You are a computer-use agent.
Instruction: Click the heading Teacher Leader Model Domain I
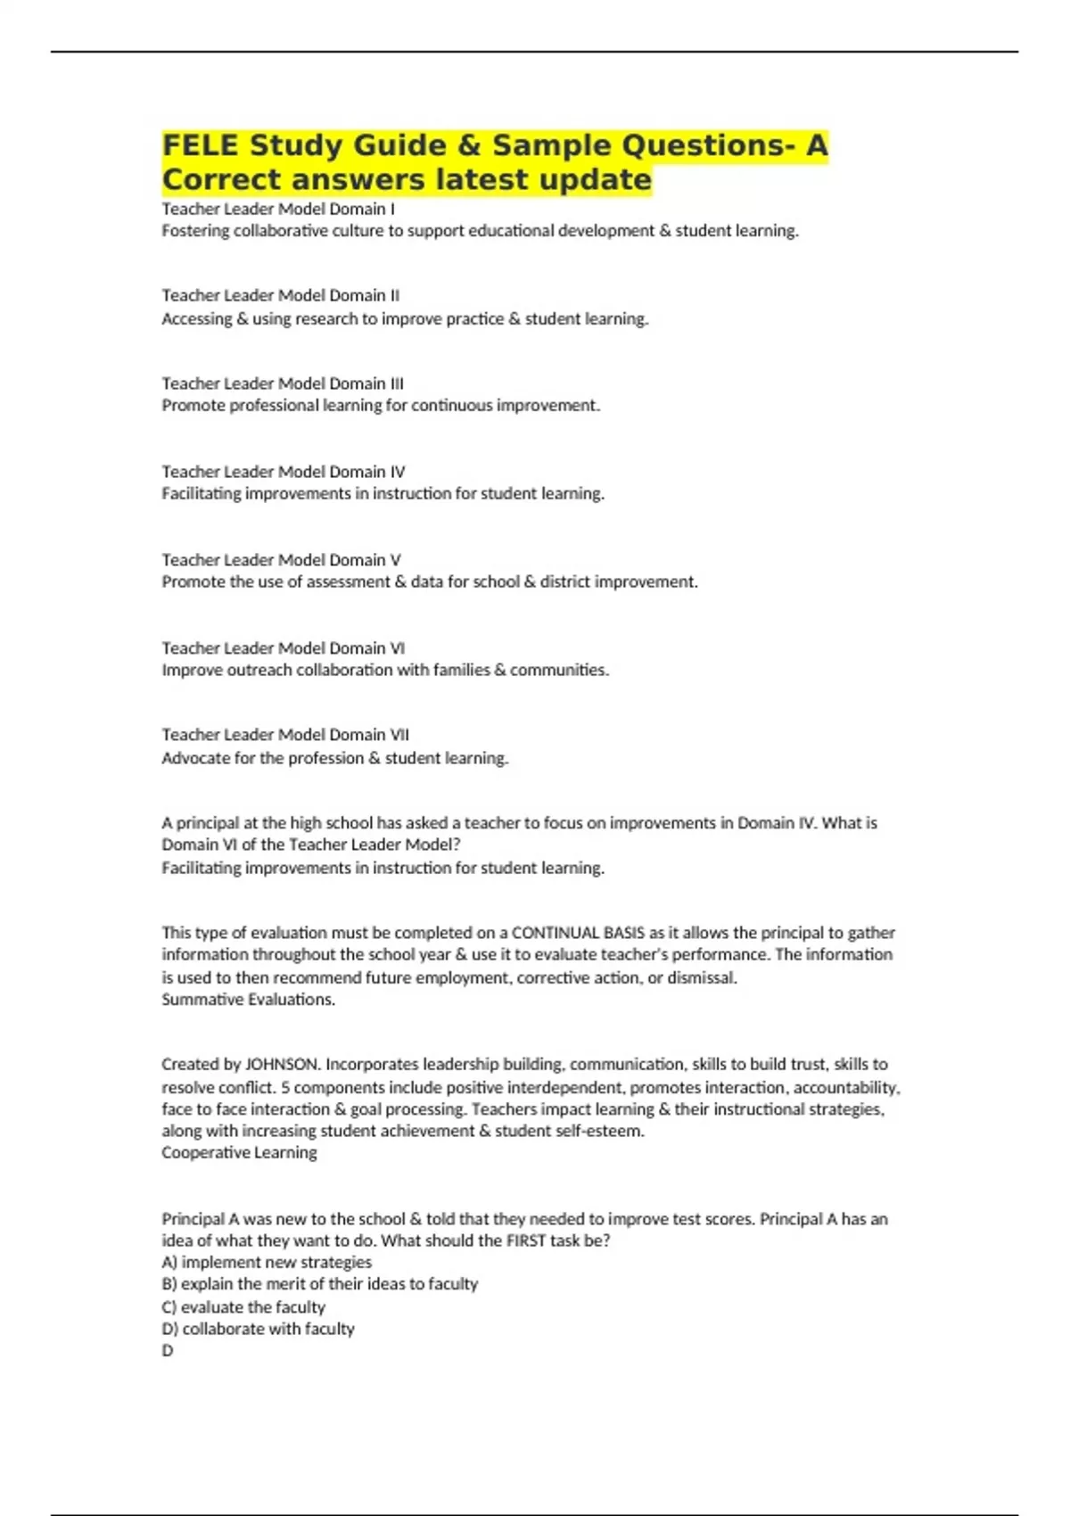pos(278,209)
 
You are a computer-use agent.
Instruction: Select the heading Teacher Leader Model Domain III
pos(283,383)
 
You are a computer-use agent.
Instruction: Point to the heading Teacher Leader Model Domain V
pos(281,560)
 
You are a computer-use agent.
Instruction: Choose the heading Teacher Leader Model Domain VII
pos(285,735)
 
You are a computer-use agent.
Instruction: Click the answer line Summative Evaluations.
pos(248,1000)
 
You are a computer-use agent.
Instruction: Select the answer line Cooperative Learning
pos(239,1153)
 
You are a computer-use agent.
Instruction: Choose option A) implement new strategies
pos(267,1263)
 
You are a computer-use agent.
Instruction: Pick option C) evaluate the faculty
pos(243,1307)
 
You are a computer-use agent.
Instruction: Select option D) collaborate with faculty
pos(258,1329)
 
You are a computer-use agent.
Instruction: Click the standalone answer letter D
pos(168,1351)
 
